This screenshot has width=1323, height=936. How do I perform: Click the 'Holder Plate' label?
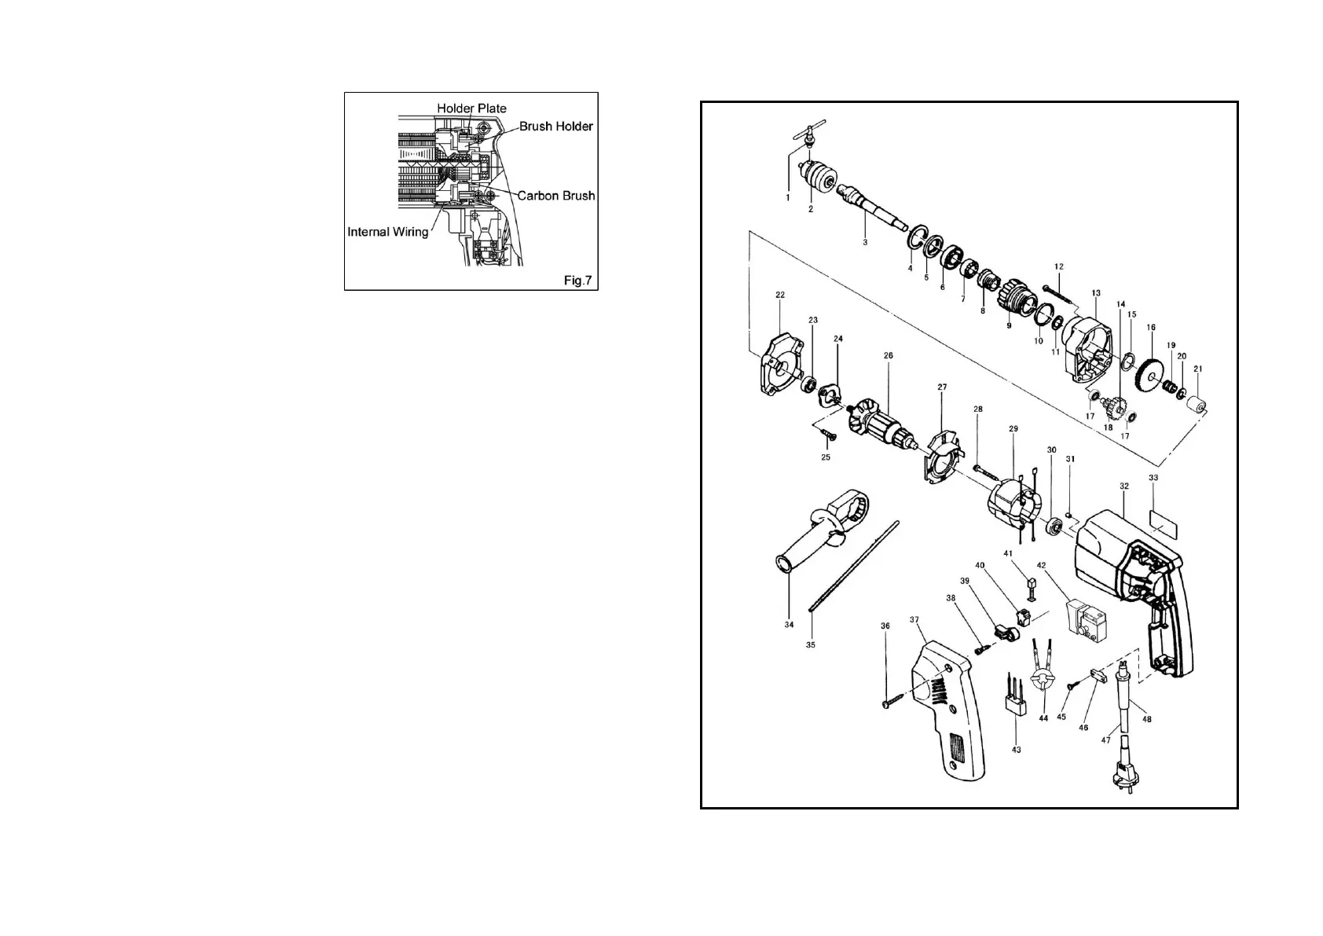471,108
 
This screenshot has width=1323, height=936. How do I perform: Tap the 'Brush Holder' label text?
555,127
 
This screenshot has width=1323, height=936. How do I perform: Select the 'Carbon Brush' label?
555,196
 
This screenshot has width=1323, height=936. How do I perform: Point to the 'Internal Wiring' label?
388,232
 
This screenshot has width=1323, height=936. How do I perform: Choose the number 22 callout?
779,295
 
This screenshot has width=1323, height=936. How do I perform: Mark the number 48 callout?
1147,718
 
